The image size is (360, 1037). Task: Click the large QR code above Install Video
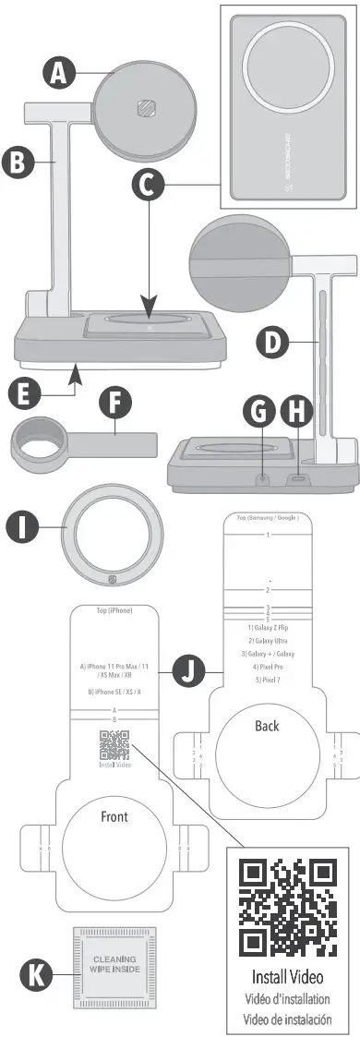pyautogui.click(x=286, y=908)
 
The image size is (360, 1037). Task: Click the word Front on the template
pyautogui.click(x=115, y=817)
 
